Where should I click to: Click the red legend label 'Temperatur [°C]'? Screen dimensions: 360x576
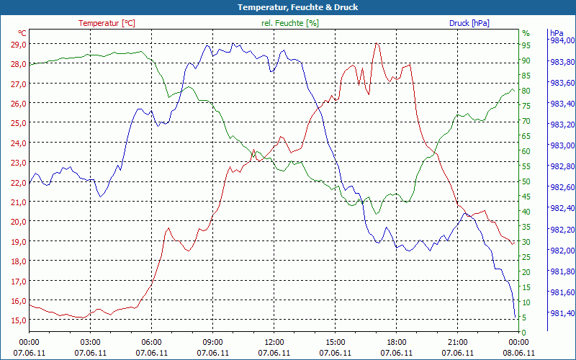pyautogui.click(x=107, y=23)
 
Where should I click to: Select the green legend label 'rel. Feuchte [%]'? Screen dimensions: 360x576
pyautogui.click(x=289, y=23)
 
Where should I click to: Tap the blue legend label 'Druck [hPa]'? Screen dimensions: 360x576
pyautogui.click(x=469, y=23)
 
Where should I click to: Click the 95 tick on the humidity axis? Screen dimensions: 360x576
pyautogui.click(x=526, y=45)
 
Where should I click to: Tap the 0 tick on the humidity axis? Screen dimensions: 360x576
pyautogui.click(x=523, y=332)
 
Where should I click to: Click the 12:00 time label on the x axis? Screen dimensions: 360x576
pyautogui.click(x=274, y=342)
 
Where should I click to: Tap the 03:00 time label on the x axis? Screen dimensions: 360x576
pyautogui.click(x=91, y=342)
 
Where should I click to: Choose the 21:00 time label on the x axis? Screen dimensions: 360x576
pyautogui.click(x=458, y=342)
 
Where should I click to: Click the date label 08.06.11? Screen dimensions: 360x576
pyautogui.click(x=519, y=353)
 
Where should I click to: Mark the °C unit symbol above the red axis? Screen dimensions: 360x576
pyautogui.click(x=22, y=33)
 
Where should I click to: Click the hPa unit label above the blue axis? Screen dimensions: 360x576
pyautogui.click(x=556, y=33)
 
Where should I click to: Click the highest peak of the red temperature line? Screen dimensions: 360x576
pyautogui.click(x=377, y=44)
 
